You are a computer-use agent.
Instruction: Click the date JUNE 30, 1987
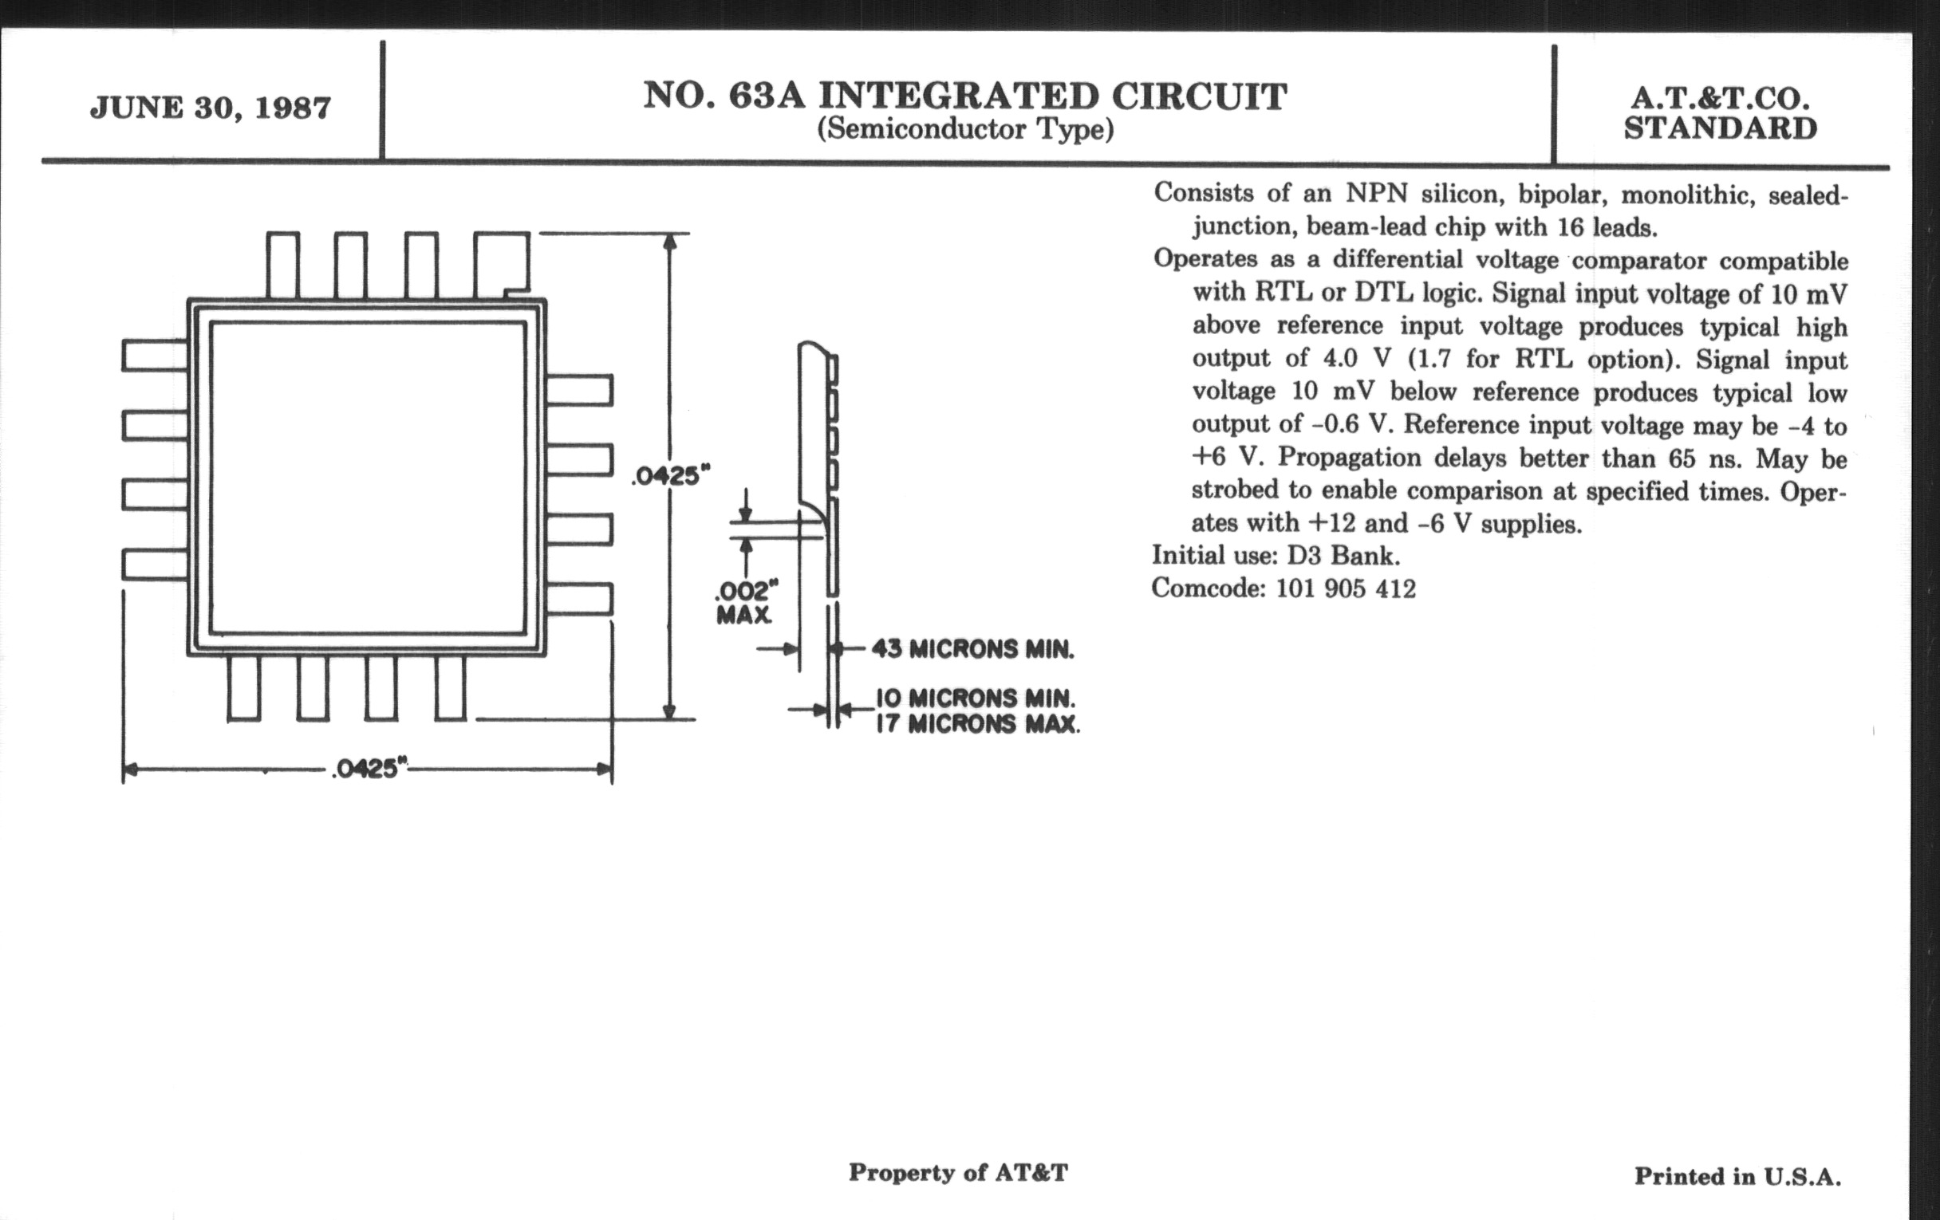[x=211, y=108]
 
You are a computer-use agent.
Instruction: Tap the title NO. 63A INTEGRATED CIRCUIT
[x=965, y=96]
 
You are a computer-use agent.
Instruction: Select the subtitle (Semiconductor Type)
[x=965, y=130]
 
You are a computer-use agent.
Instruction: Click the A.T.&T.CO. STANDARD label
[x=1720, y=113]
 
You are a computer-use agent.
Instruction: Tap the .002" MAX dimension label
[x=746, y=602]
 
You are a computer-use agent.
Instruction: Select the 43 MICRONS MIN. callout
[x=972, y=649]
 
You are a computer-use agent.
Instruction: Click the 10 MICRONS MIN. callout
[x=976, y=698]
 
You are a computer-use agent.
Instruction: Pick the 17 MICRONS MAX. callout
[x=977, y=724]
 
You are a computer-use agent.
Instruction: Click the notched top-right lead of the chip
[x=502, y=266]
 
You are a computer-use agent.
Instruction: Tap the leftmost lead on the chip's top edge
[x=282, y=266]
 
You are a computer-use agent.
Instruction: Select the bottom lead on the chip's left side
[x=156, y=565]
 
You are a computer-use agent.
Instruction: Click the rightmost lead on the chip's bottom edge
[x=451, y=687]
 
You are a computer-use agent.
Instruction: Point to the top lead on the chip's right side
[x=579, y=390]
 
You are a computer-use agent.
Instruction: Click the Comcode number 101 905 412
[x=1346, y=588]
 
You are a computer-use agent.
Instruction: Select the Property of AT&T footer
[x=958, y=1172]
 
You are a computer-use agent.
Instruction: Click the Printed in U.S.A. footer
[x=1737, y=1176]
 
